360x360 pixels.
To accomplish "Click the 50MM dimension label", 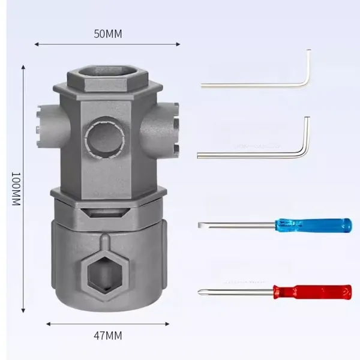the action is (x=108, y=34).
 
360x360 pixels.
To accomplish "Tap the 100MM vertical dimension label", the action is (x=16, y=189).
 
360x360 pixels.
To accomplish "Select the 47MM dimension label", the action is (x=107, y=335).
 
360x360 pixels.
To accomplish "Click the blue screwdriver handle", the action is (x=313, y=226).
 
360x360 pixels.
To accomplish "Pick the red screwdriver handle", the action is (x=312, y=292).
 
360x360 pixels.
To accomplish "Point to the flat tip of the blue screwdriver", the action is (x=200, y=225).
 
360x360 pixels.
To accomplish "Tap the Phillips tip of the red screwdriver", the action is (x=199, y=292).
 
